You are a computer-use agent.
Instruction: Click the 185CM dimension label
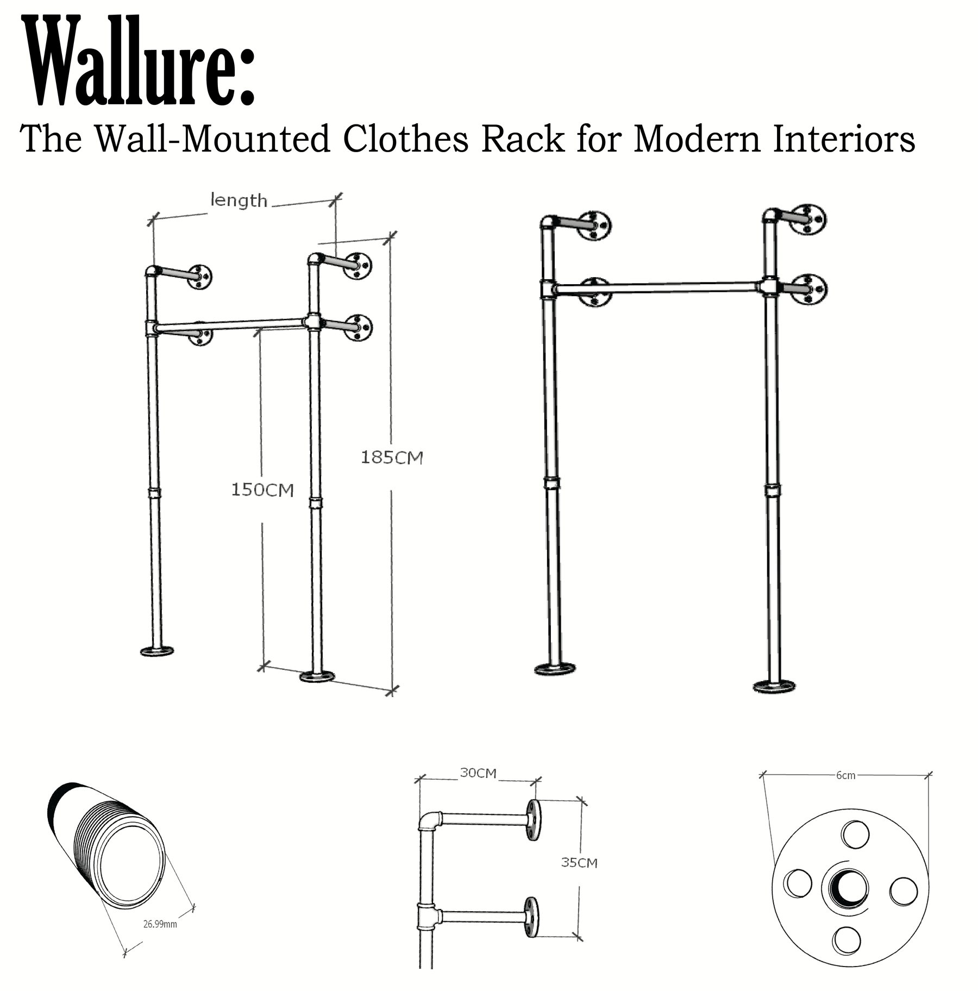[392, 457]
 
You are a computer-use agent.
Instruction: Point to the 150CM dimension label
[262, 490]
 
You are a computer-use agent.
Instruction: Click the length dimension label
[239, 200]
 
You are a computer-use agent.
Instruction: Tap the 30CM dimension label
[478, 773]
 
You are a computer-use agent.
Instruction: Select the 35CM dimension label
[579, 862]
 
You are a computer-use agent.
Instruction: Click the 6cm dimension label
[846, 775]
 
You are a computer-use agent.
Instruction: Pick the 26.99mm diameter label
[160, 924]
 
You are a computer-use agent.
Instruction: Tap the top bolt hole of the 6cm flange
[855, 833]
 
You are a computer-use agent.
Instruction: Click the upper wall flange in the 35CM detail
[532, 820]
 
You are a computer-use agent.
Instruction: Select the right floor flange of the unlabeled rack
[774, 686]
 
